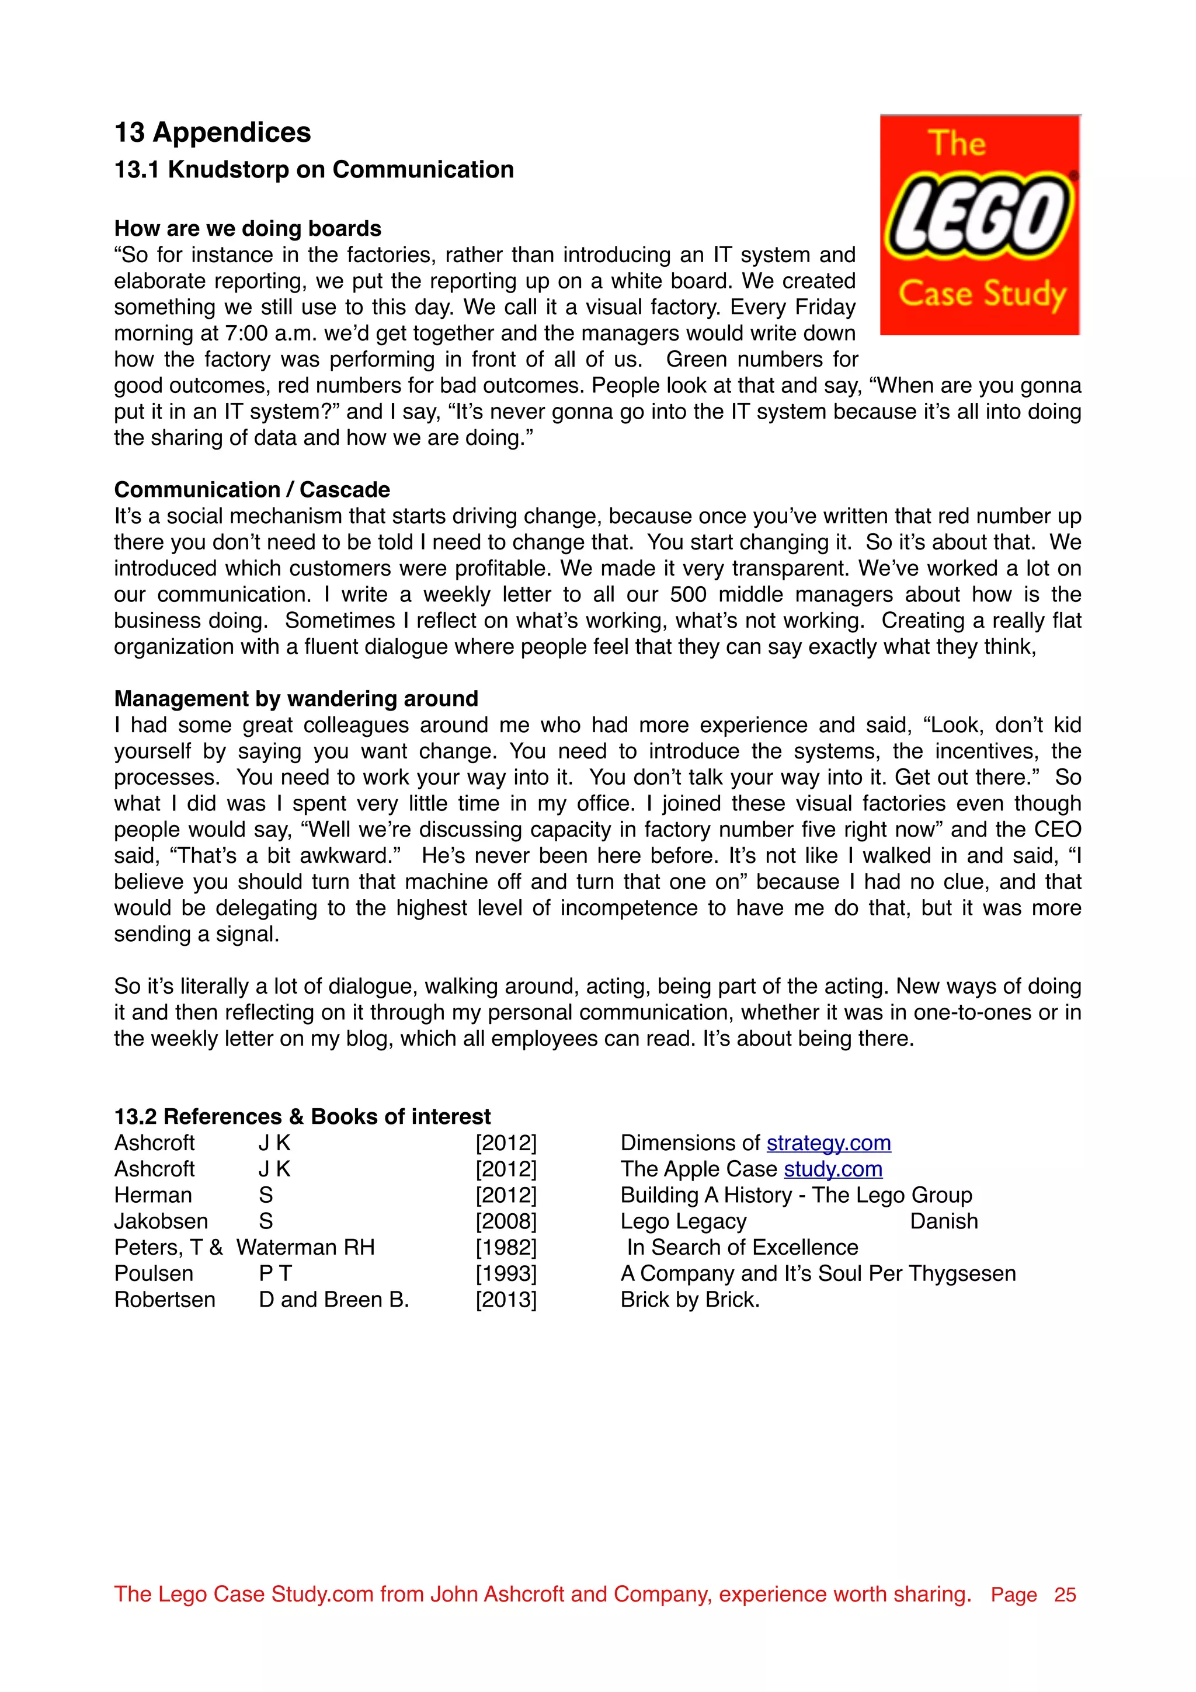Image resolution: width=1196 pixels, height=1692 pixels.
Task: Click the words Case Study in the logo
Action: (982, 294)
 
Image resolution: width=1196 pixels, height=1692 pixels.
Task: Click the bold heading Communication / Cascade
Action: (252, 489)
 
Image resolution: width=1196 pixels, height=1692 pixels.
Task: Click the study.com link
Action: (833, 1169)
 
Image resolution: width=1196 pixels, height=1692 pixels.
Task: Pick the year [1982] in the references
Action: (506, 1247)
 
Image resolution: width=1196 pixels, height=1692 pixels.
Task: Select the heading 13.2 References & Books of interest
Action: (302, 1116)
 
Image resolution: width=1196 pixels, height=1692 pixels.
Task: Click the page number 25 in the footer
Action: (1065, 1594)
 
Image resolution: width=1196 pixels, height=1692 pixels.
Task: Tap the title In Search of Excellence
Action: (742, 1247)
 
